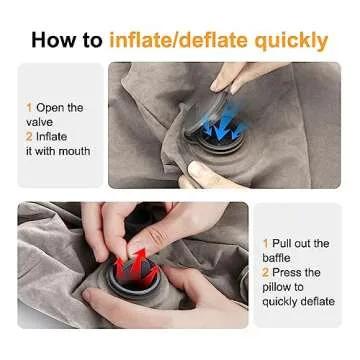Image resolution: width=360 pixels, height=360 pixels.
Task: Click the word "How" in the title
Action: (x=52, y=40)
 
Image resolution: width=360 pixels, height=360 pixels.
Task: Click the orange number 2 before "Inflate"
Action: (x=29, y=137)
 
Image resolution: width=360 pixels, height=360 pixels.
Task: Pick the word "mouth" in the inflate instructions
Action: (x=71, y=151)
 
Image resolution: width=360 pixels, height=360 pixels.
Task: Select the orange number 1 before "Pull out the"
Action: (x=266, y=243)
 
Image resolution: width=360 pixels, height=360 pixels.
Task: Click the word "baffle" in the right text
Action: (x=282, y=258)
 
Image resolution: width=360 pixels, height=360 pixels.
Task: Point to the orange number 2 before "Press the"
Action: (x=266, y=272)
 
